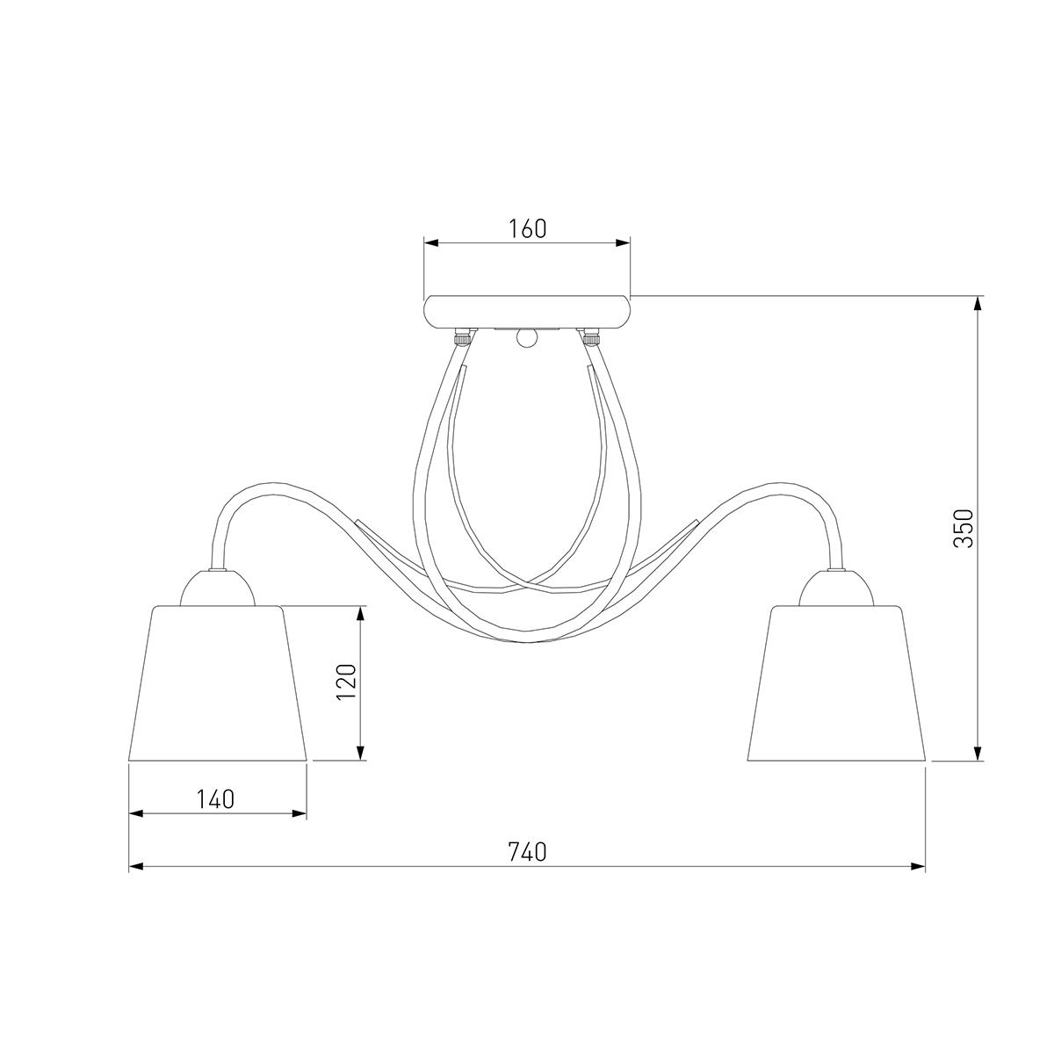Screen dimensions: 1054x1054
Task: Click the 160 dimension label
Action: [x=527, y=228]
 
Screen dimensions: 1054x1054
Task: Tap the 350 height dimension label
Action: [x=964, y=528]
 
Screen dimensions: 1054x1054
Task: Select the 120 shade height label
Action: [x=346, y=682]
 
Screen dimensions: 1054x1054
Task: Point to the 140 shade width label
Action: [x=215, y=799]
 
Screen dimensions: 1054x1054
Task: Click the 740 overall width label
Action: [x=527, y=852]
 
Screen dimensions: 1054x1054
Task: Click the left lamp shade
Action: [x=217, y=683]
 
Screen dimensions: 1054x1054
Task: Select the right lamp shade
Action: [x=836, y=683]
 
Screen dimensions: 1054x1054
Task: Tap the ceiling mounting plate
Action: [x=527, y=313]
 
